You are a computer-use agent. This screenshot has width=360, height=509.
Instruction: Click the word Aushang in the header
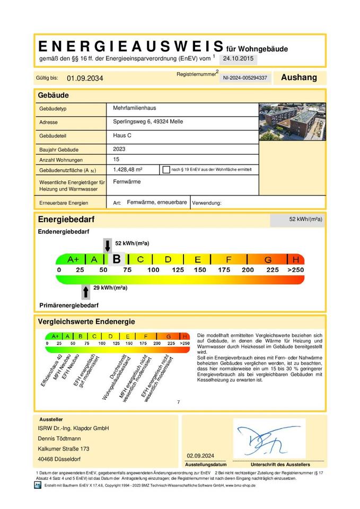pyautogui.click(x=298, y=77)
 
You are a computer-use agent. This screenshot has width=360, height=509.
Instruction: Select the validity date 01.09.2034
pyautogui.click(x=85, y=78)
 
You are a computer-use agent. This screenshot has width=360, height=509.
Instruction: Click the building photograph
pyautogui.click(x=293, y=121)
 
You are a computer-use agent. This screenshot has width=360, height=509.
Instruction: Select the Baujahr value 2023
pyautogui.click(x=119, y=150)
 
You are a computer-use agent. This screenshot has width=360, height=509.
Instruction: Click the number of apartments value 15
pyautogui.click(x=117, y=160)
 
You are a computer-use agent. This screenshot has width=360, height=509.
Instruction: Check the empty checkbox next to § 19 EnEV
pyautogui.click(x=166, y=170)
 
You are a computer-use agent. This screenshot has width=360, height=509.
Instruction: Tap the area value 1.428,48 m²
pyautogui.click(x=128, y=170)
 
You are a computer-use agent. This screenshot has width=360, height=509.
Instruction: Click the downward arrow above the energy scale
pyautogui.click(x=107, y=245)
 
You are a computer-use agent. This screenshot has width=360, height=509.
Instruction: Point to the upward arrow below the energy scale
pyautogui.click(x=85, y=292)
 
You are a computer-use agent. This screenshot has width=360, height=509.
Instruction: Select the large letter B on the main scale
pyautogui.click(x=116, y=259)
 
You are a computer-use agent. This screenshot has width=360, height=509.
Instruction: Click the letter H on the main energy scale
pyautogui.click(x=295, y=259)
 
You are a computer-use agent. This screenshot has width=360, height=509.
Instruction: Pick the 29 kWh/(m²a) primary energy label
pyautogui.click(x=110, y=288)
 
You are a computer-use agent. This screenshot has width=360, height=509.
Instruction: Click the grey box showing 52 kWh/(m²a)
pyautogui.click(x=297, y=219)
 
